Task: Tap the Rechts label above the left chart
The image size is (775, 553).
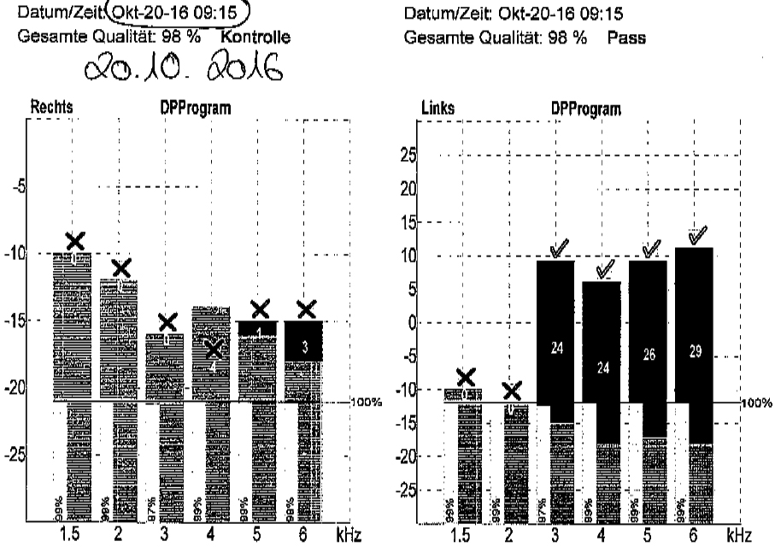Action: click(50, 109)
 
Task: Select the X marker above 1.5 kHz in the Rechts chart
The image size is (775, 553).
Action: click(76, 241)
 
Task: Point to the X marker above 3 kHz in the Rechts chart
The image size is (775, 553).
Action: click(167, 322)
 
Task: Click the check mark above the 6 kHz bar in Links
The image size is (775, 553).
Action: click(697, 234)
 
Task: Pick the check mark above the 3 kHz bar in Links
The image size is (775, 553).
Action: click(560, 248)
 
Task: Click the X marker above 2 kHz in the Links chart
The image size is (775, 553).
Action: click(512, 391)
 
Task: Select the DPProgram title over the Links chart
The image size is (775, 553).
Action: click(586, 109)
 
